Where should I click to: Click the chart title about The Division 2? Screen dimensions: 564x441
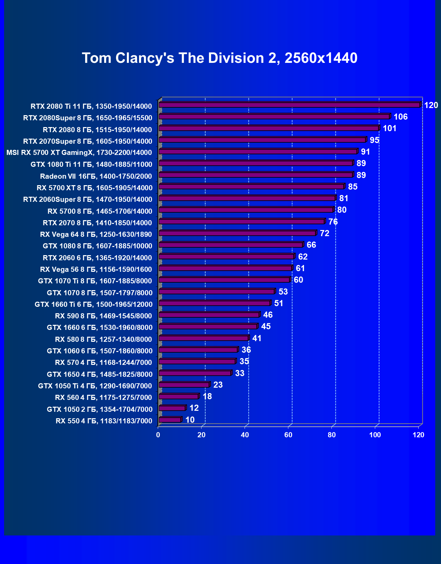pyautogui.click(x=219, y=58)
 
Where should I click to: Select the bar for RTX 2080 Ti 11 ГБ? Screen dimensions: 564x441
pyautogui.click(x=289, y=105)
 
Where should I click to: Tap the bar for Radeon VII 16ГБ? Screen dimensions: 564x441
pyautogui.click(x=256, y=175)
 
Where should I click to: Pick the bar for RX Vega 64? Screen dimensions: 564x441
pyautogui.click(x=237, y=233)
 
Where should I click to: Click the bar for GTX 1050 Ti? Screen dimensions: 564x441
pyautogui.click(x=184, y=385)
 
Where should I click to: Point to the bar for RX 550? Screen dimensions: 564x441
pyautogui.click(x=170, y=420)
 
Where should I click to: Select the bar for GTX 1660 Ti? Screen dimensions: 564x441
pyautogui.click(x=214, y=303)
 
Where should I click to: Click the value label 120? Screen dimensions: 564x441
pyautogui.click(x=431, y=105)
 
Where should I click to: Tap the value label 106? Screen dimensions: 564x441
pyautogui.click(x=400, y=117)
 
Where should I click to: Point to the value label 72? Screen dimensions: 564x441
pyautogui.click(x=324, y=233)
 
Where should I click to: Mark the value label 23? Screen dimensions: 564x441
pyautogui.click(x=218, y=385)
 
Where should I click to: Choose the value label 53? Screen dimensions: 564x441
pyautogui.click(x=283, y=292)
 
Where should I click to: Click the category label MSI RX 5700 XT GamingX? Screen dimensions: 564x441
pyautogui.click(x=79, y=153)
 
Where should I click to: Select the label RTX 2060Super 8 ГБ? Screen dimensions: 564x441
pyautogui.click(x=88, y=199)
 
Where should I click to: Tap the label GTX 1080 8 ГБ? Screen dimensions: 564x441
pyautogui.click(x=97, y=246)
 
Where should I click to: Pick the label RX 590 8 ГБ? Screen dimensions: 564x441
pyautogui.click(x=103, y=316)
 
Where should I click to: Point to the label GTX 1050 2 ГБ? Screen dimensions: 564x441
pyautogui.click(x=99, y=409)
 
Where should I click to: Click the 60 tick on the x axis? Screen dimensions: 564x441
pyautogui.click(x=288, y=435)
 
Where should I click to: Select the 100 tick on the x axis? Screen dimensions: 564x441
pyautogui.click(x=375, y=435)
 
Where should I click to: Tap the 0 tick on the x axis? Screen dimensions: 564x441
pyautogui.click(x=158, y=435)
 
